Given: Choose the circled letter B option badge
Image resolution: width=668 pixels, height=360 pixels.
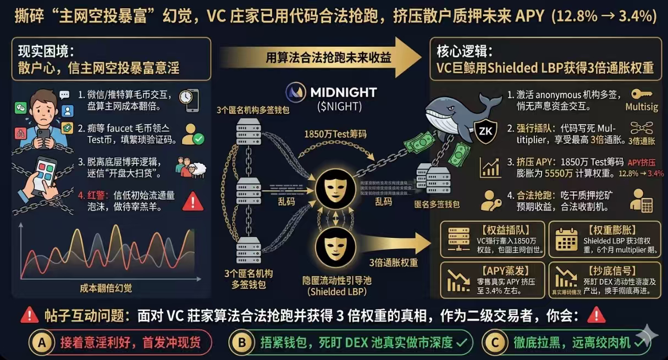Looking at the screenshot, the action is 241,342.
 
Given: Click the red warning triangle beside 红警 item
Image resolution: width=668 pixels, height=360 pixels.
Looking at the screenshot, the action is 192,202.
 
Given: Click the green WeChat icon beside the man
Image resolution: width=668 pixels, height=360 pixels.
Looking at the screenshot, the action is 20,107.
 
